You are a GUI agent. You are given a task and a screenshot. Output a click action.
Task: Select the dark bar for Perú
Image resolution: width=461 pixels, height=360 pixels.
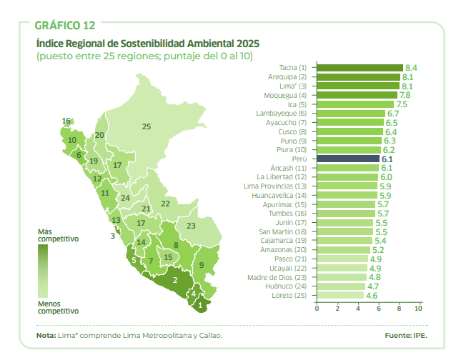(x=348, y=159)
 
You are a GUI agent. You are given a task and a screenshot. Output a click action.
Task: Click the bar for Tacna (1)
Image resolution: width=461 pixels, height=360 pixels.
(x=360, y=67)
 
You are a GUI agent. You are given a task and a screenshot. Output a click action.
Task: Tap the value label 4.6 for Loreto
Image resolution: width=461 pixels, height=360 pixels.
(x=372, y=296)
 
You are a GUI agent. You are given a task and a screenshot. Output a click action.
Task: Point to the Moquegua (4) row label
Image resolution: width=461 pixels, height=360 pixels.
(x=284, y=95)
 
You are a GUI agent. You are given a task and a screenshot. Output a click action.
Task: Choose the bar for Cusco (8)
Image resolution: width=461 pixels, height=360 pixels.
(x=350, y=131)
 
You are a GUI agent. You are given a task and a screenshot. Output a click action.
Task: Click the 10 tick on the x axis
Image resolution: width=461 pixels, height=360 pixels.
(x=419, y=309)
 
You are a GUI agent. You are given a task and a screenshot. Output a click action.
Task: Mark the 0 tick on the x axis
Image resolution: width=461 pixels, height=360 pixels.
(x=317, y=309)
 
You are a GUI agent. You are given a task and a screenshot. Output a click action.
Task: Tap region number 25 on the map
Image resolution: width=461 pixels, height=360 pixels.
(x=147, y=126)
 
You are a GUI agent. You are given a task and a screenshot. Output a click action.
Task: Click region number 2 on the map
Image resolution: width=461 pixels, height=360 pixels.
(x=175, y=280)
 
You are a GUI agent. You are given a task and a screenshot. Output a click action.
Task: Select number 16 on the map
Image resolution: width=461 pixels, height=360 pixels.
(x=66, y=121)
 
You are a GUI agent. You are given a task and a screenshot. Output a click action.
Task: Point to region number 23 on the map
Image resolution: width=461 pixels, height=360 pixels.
(x=191, y=226)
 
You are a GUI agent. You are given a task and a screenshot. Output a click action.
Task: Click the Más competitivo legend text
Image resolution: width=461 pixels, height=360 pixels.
(x=58, y=236)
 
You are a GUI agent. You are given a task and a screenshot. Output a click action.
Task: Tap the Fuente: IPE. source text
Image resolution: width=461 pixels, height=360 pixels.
(x=405, y=335)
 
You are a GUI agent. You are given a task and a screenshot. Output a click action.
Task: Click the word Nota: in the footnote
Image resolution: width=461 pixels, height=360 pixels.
(x=46, y=335)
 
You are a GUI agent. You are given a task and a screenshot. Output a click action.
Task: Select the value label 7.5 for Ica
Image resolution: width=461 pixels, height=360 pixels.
(x=402, y=104)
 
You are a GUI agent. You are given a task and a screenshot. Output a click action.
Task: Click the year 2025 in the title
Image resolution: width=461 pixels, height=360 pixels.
(x=245, y=43)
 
